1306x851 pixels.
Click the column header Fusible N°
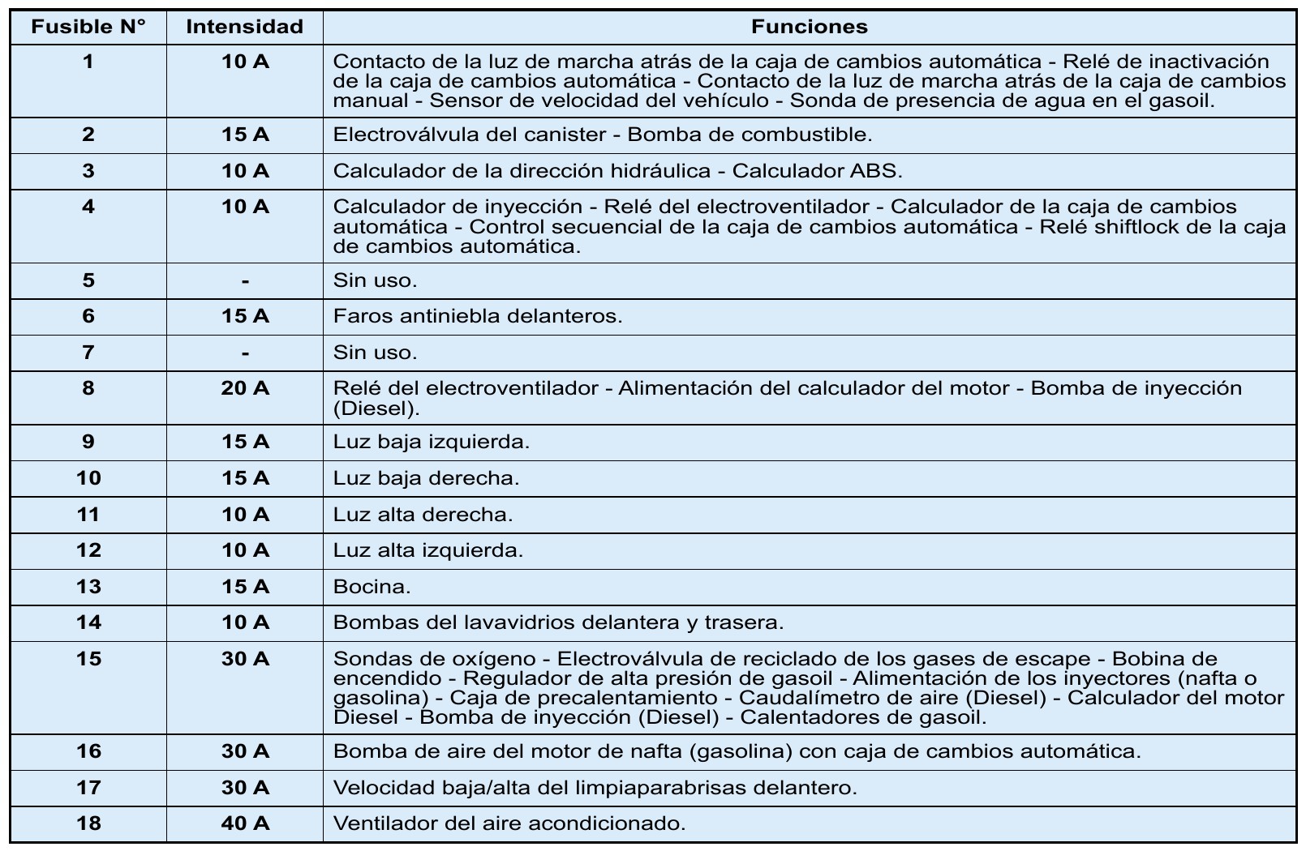[88, 27]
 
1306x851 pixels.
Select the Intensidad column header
[244, 27]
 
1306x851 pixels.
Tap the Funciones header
[809, 27]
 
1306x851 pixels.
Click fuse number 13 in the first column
[88, 586]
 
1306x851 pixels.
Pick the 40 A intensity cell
[244, 823]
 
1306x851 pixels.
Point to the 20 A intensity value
[244, 388]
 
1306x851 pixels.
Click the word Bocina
[372, 586]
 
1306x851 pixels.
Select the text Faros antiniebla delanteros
[477, 316]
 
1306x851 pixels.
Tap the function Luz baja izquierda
[431, 442]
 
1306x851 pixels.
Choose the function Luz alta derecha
[423, 514]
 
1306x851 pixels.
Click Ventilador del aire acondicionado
[509, 823]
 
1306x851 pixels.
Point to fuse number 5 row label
[88, 280]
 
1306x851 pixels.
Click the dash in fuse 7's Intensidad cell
[244, 353]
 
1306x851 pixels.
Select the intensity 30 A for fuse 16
[244, 751]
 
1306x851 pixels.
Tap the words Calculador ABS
[817, 171]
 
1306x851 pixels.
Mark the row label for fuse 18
[88, 823]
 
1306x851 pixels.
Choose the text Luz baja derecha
[426, 478]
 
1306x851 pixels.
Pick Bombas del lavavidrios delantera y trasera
[558, 622]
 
